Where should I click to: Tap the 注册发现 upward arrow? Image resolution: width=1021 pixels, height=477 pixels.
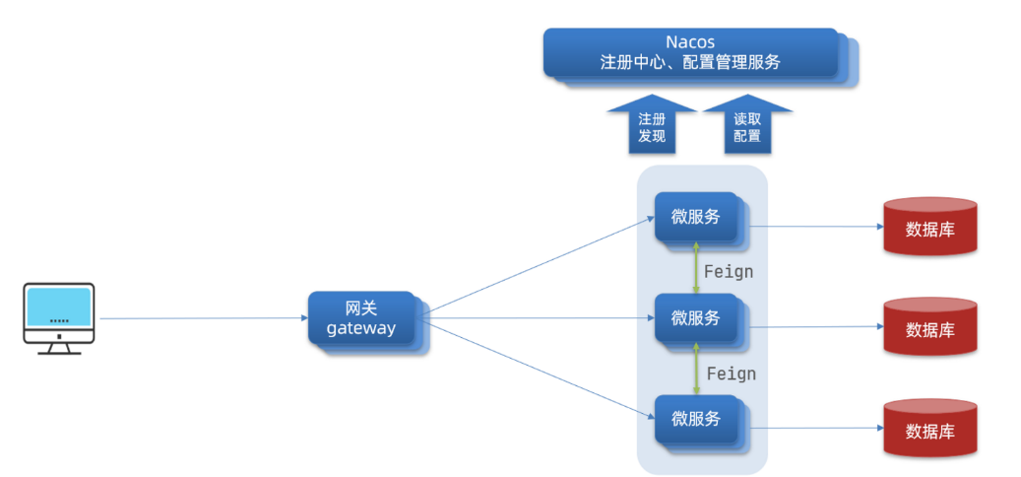click(x=652, y=125)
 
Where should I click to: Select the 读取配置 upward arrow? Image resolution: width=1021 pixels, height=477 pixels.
click(x=746, y=125)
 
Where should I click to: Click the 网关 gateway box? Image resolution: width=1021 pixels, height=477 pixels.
click(x=361, y=317)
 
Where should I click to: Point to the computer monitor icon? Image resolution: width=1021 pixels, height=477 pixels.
click(x=59, y=316)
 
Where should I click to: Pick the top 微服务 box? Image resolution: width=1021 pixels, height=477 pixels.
click(x=696, y=217)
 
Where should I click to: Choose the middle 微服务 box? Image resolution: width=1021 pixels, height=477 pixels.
click(x=696, y=317)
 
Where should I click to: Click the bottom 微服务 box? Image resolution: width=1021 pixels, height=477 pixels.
click(x=696, y=418)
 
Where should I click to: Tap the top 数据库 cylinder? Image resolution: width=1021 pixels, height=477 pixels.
click(x=929, y=228)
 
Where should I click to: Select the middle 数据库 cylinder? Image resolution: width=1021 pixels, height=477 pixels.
click(x=929, y=327)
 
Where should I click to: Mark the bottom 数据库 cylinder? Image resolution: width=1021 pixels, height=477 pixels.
click(x=929, y=429)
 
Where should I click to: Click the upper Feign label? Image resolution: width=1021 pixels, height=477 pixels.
click(x=729, y=271)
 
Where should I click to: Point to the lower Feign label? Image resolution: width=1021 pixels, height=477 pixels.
click(x=732, y=374)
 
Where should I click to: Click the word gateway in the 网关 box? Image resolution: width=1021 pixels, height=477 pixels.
click(x=361, y=328)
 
